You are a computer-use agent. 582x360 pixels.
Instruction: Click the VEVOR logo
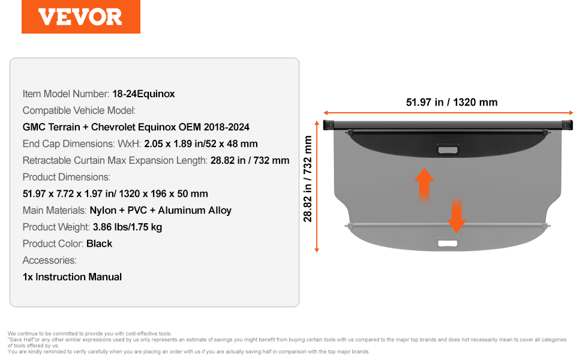pos(80,17)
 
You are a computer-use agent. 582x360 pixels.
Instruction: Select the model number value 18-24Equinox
pos(143,94)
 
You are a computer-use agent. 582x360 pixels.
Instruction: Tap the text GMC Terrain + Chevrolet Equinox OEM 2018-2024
pos(136,127)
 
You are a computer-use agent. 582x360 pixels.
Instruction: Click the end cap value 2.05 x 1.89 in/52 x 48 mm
pos(201,143)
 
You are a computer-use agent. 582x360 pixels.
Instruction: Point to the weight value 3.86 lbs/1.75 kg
pos(127,227)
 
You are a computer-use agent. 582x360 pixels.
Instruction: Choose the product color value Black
pos(99,244)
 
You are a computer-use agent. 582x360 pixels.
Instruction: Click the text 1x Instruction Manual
pos(72,277)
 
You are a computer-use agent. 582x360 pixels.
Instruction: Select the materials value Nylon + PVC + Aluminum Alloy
pos(160,211)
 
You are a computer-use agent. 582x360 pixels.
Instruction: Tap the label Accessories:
pos(50,260)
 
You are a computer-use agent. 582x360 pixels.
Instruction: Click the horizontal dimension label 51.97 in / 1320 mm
pos(452,102)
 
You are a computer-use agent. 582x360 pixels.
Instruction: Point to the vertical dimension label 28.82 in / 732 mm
pos(308,179)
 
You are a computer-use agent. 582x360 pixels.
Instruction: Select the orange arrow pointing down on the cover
pos(457,215)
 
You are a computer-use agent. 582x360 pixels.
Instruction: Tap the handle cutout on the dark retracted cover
pos(448,149)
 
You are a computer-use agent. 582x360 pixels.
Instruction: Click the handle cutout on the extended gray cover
pos(448,243)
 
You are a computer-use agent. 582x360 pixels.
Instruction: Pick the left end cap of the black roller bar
pos(328,125)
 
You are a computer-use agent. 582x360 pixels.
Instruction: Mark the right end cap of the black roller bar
pos(567,125)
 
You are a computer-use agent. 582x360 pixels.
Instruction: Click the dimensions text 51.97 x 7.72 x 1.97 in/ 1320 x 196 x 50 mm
pos(115,194)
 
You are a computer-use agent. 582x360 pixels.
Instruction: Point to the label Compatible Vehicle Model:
pos(79,110)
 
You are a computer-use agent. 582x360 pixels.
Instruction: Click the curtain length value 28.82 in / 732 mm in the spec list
pos(250,160)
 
